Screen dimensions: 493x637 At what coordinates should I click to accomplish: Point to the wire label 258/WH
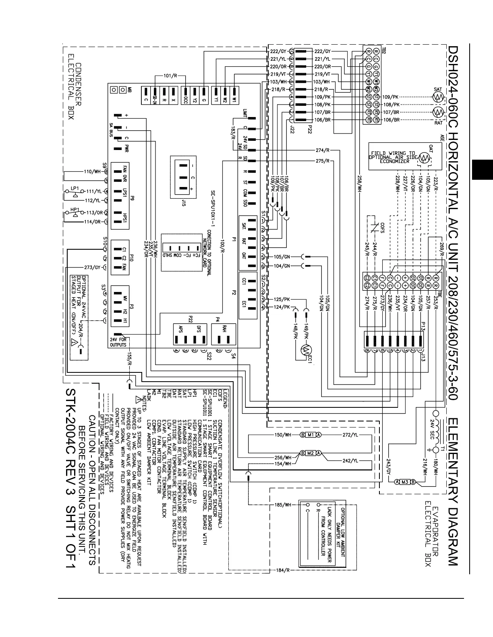(359, 185)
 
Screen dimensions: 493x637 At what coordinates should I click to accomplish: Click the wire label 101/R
(168, 76)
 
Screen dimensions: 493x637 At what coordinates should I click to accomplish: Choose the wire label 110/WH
(92, 172)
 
